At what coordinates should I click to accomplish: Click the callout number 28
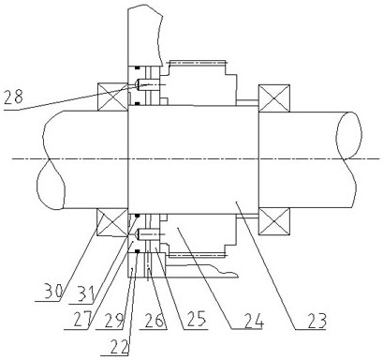click(14, 97)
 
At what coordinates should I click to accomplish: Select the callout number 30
click(53, 291)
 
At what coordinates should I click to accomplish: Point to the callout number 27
click(81, 319)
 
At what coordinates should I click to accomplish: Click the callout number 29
click(113, 320)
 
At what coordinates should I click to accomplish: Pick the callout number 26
click(155, 319)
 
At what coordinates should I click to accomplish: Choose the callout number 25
click(196, 319)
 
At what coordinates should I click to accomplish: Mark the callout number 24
click(254, 320)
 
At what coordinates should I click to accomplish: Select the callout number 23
click(316, 320)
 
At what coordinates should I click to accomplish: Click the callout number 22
click(118, 346)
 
